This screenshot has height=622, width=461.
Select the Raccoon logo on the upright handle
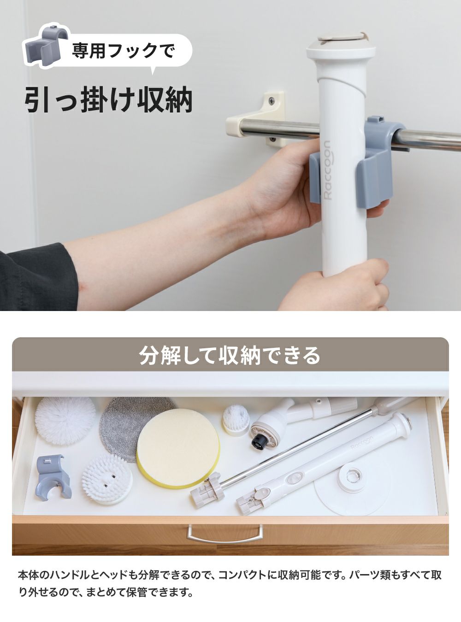[x=327, y=170]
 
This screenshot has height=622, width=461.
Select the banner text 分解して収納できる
[x=230, y=355]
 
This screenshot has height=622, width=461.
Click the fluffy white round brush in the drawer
[x=65, y=417]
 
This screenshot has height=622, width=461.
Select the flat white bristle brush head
[x=107, y=479]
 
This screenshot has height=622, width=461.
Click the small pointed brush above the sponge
[x=236, y=419]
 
